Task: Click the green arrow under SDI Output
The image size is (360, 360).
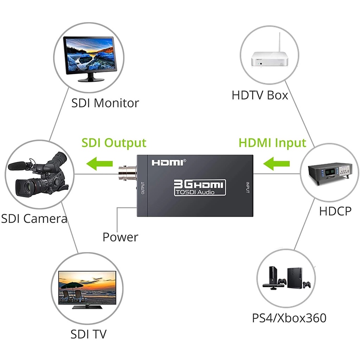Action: (x=100, y=163)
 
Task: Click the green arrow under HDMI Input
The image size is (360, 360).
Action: (x=277, y=163)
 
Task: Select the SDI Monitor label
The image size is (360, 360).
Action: (x=105, y=103)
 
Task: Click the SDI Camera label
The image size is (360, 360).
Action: (x=34, y=218)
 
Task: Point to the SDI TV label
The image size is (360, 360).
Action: (x=88, y=334)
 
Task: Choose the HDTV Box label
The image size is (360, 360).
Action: (x=260, y=95)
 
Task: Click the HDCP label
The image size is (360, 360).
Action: (x=335, y=211)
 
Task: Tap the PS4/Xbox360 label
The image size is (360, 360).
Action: (x=289, y=318)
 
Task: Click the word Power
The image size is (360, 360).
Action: (x=120, y=237)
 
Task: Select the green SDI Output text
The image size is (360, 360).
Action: (x=114, y=143)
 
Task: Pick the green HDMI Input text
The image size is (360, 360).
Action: (x=272, y=143)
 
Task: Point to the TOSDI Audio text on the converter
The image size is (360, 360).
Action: (x=195, y=192)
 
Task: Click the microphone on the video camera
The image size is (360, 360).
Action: (x=18, y=165)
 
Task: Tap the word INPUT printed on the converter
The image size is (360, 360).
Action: (x=247, y=187)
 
